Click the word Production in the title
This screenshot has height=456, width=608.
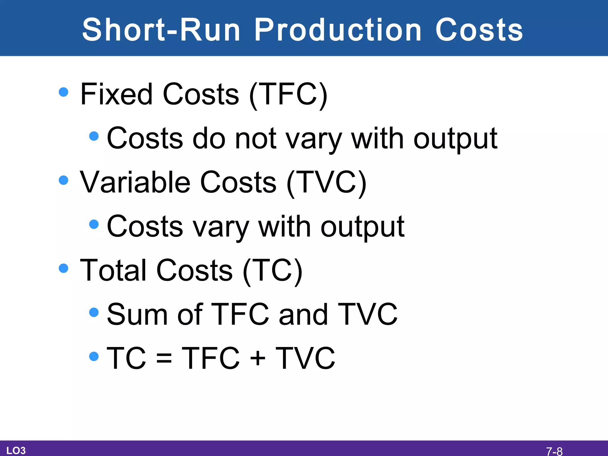(338, 30)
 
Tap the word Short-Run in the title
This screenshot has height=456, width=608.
(161, 30)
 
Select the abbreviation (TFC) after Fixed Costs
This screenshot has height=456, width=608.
(288, 94)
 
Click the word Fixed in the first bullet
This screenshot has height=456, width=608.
(116, 94)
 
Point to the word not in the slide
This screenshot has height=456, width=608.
(256, 139)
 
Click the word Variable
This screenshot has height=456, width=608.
(135, 182)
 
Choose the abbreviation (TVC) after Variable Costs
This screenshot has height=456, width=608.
(326, 182)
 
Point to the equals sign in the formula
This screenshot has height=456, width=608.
(164, 358)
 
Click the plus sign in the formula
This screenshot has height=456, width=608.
(257, 358)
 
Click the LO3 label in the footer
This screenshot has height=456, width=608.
(16, 451)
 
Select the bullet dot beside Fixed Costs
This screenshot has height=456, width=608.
(64, 92)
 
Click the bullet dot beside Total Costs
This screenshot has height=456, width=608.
(64, 268)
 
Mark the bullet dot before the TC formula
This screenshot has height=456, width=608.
(94, 356)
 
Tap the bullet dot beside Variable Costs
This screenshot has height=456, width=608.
(64, 180)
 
